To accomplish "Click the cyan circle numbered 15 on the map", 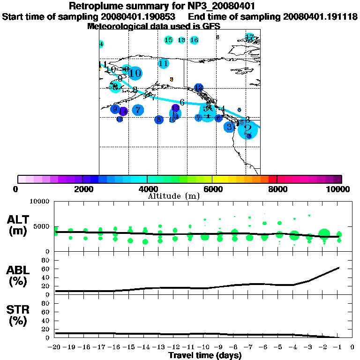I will click(x=169, y=40).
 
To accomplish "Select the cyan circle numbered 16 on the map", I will click(x=194, y=40).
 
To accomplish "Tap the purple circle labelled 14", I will click(x=123, y=111).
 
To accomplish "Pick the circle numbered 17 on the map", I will click(x=250, y=37).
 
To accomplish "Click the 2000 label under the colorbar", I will click(x=82, y=189).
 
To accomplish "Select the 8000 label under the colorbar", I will click(x=277, y=189).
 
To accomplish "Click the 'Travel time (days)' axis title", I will click(x=205, y=355).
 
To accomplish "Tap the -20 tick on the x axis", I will click(x=55, y=348).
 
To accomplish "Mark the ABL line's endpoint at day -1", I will click(x=339, y=268).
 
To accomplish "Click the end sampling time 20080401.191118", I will click(x=320, y=17).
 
